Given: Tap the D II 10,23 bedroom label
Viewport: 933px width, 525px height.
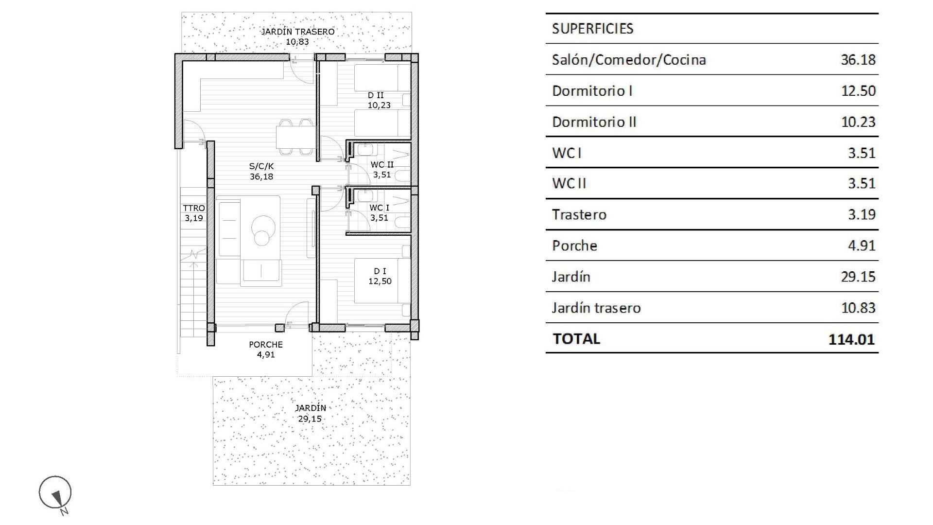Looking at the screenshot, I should (379, 100).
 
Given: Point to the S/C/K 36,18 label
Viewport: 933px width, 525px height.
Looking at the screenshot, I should (261, 171).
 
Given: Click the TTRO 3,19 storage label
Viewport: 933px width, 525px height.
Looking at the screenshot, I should (194, 213).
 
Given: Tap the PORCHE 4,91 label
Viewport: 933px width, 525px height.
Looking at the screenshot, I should (266, 349).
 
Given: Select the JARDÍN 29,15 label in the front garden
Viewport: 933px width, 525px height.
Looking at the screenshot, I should (311, 413).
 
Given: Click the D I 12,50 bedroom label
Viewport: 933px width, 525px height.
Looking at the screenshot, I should (380, 276).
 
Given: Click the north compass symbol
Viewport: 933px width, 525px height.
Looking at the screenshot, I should (55, 493).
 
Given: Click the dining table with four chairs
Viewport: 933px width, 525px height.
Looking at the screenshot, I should (294, 137).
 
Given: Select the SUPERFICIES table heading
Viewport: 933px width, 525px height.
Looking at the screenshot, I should (592, 29).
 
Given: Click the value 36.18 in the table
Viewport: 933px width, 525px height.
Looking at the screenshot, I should (858, 60).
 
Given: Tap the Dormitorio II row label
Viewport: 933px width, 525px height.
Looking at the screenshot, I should (594, 122).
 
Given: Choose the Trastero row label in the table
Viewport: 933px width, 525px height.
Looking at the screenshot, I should (579, 215).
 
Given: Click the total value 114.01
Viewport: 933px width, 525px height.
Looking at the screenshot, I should (851, 339).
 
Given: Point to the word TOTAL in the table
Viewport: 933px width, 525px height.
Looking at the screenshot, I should (576, 339).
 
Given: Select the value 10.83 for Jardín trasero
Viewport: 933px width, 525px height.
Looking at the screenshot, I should (858, 308).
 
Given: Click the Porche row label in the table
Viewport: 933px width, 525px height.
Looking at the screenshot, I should (574, 246).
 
